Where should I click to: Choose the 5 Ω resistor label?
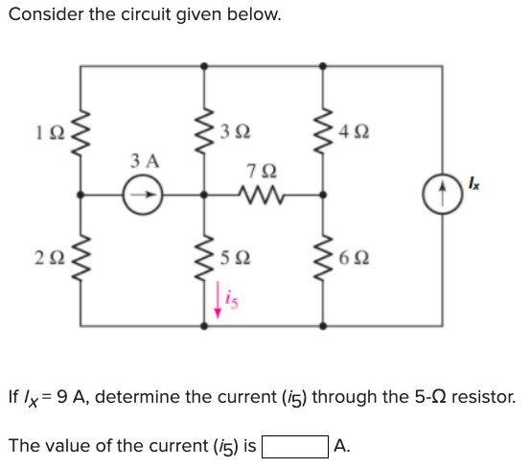point(236,258)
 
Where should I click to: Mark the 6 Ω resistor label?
point(357,258)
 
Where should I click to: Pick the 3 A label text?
point(145,161)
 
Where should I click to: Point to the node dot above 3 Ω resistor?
point(204,66)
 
